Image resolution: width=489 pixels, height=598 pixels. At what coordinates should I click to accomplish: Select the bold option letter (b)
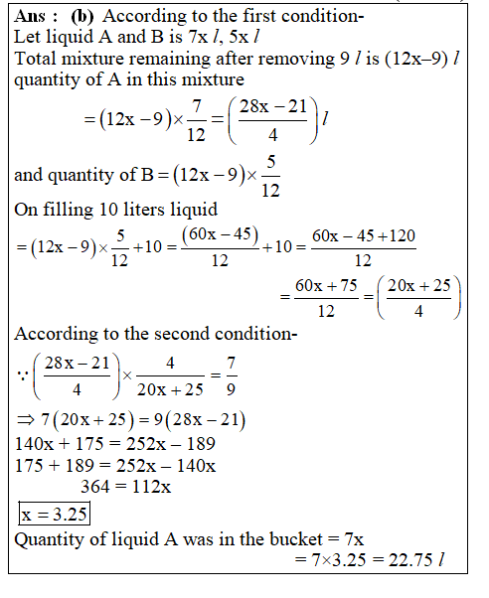(x=81, y=17)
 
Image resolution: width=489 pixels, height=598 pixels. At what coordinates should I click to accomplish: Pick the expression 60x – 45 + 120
(x=364, y=238)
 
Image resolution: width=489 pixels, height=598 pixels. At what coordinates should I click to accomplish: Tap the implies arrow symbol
(x=23, y=420)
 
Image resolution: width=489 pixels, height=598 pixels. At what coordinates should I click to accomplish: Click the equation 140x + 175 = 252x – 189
(x=116, y=442)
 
